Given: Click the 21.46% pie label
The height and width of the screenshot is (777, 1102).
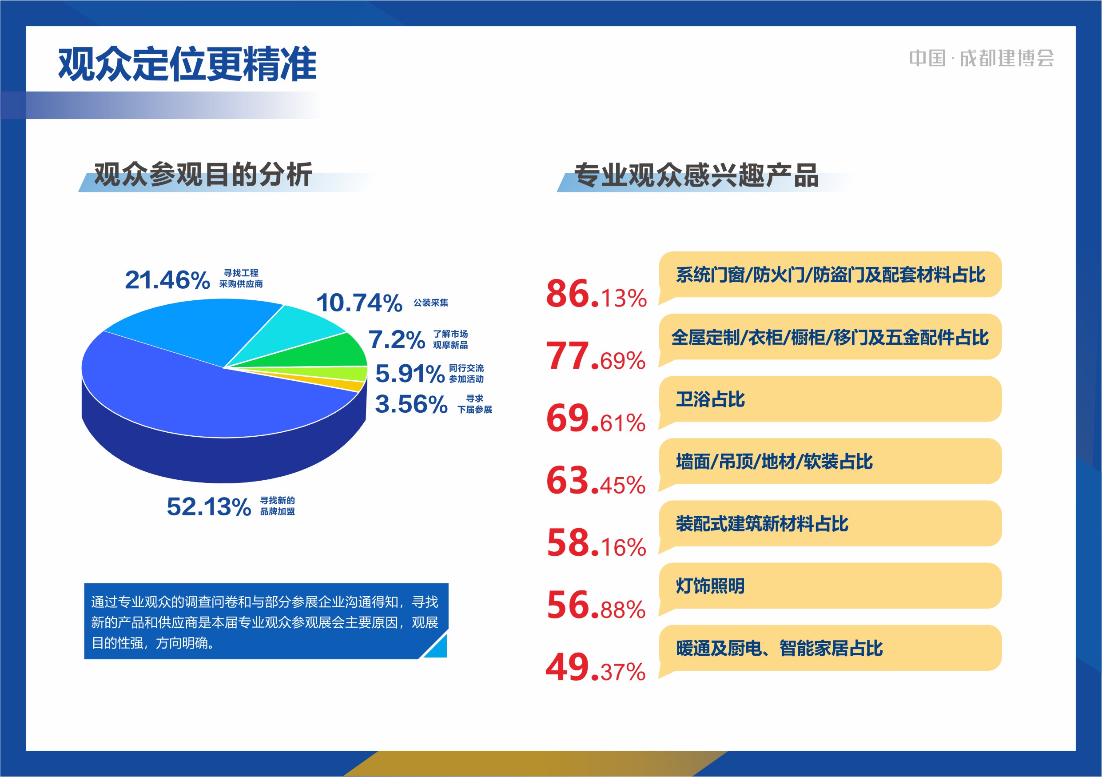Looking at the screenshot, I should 167,280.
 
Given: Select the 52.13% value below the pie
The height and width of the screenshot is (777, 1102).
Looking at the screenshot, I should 209,507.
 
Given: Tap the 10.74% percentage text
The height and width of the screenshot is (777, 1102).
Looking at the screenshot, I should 359,303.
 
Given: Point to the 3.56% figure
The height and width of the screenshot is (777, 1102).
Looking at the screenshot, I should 411,404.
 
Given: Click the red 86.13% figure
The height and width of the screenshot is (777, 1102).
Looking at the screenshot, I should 596,294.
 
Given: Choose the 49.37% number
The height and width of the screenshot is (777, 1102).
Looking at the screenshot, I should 595,667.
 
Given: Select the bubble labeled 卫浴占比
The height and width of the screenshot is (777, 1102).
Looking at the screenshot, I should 830,399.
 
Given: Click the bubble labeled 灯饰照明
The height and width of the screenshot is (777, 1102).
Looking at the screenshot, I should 830,586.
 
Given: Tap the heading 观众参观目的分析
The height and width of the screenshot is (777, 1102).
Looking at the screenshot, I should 203,174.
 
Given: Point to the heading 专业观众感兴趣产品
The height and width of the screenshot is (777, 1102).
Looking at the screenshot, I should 696,175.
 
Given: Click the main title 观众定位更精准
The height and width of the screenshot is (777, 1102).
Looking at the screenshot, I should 187,64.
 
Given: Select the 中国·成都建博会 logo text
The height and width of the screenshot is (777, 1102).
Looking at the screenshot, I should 982,59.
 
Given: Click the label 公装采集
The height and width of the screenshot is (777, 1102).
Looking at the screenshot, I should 430,303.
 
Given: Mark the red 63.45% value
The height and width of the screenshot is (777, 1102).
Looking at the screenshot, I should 596,480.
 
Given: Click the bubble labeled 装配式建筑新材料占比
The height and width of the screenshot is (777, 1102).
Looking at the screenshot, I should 830,524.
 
